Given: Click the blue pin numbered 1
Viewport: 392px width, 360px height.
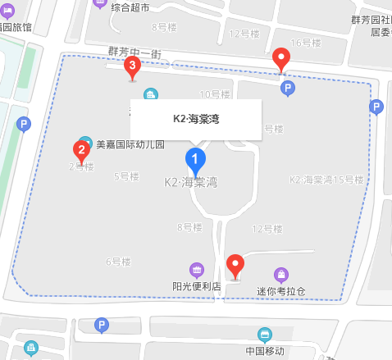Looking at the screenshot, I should pyautogui.click(x=195, y=157).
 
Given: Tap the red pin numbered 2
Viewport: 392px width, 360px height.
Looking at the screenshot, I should pyautogui.click(x=81, y=150).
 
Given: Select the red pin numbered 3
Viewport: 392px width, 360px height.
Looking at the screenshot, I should pyautogui.click(x=131, y=69).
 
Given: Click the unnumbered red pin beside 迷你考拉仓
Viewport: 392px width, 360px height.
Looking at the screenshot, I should pyautogui.click(x=236, y=265).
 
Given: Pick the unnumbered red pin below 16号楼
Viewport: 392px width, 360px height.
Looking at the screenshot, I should pyautogui.click(x=282, y=59).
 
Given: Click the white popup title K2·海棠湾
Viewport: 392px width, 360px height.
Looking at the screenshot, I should pyautogui.click(x=195, y=119).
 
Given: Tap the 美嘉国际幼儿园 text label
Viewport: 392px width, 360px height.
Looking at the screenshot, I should pyautogui.click(x=130, y=145).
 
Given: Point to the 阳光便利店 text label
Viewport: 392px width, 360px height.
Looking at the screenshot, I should pyautogui.click(x=197, y=287).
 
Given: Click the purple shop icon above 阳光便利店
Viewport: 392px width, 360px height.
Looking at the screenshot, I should pyautogui.click(x=197, y=270).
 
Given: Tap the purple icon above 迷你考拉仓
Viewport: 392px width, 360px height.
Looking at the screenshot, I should pyautogui.click(x=281, y=274).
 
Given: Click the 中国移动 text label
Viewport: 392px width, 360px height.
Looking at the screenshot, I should pyautogui.click(x=265, y=351).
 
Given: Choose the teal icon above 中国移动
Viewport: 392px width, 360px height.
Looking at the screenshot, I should pyautogui.click(x=264, y=335).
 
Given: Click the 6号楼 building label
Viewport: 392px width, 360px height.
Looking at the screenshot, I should pyautogui.click(x=117, y=262).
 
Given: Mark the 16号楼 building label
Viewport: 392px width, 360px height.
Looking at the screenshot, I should pyautogui.click(x=307, y=42).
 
